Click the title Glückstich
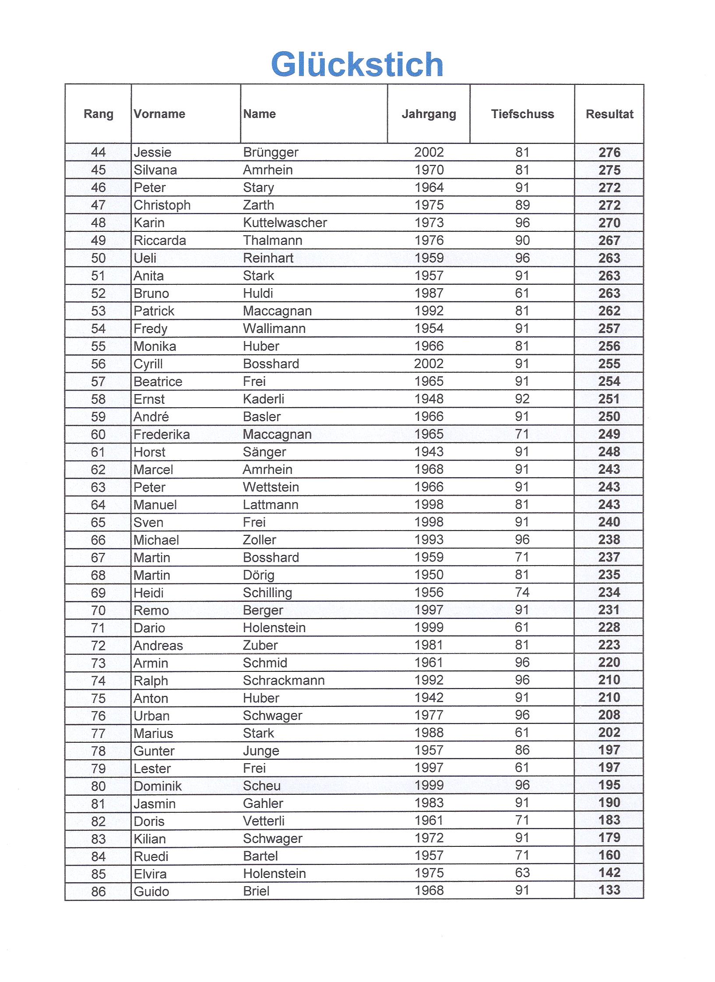pyautogui.click(x=357, y=65)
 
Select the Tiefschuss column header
pyautogui.click(x=522, y=114)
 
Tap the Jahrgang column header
pyautogui.click(x=429, y=114)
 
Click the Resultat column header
pyautogui.click(x=609, y=114)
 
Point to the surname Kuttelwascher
pyautogui.click(x=285, y=223)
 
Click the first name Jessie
pyautogui.click(x=152, y=152)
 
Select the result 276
pyautogui.click(x=609, y=152)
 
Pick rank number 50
pyautogui.click(x=98, y=258)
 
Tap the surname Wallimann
pyautogui.click(x=274, y=328)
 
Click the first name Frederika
pyautogui.click(x=162, y=434)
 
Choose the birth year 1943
pyautogui.click(x=429, y=452)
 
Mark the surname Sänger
pyautogui.click(x=264, y=452)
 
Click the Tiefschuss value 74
pyautogui.click(x=522, y=592)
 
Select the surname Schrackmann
pyautogui.click(x=284, y=680)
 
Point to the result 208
pyautogui.click(x=609, y=715)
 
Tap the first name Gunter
pyautogui.click(x=154, y=751)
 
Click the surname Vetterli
pyautogui.click(x=264, y=821)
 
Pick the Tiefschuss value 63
pyautogui.click(x=522, y=873)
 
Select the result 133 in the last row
pyautogui.click(x=609, y=890)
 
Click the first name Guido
pyautogui.click(x=151, y=891)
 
